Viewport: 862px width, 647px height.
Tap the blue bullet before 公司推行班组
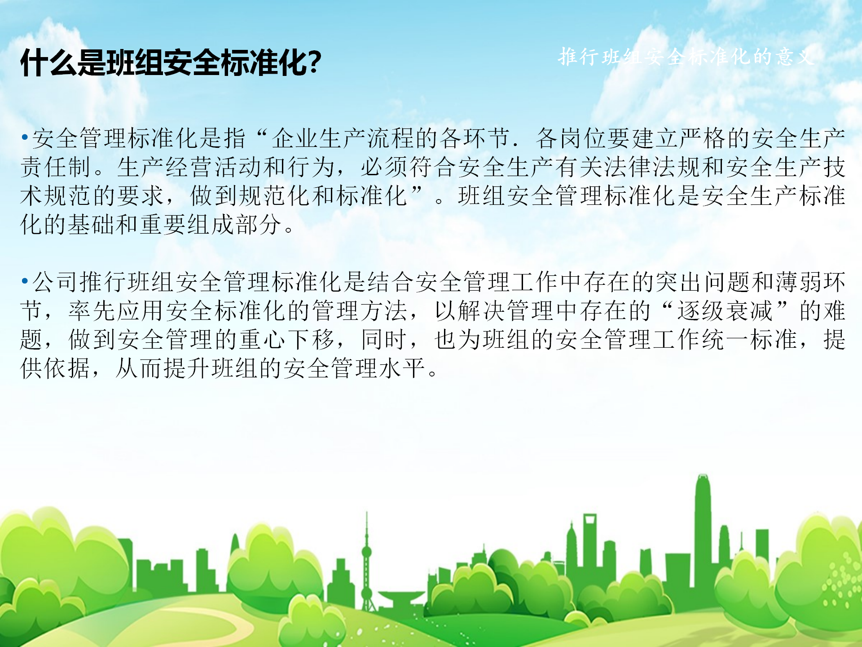(x=25, y=281)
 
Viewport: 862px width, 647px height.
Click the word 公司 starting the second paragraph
(x=56, y=282)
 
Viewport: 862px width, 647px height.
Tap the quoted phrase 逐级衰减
(x=725, y=311)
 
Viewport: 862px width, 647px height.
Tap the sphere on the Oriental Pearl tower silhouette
(x=367, y=551)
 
